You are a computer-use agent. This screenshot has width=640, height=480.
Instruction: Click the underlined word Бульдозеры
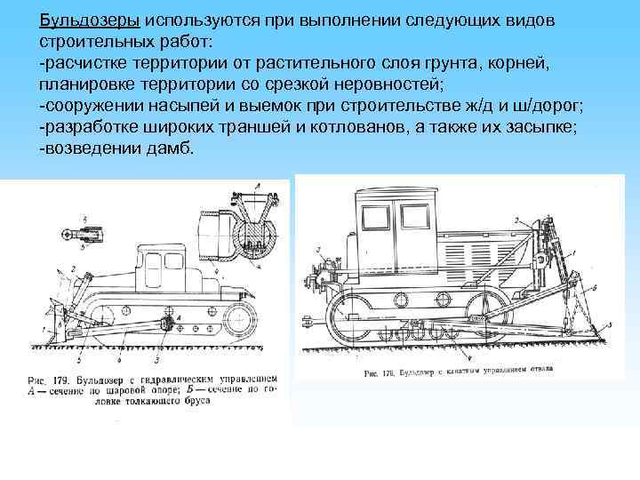pos(88,20)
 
